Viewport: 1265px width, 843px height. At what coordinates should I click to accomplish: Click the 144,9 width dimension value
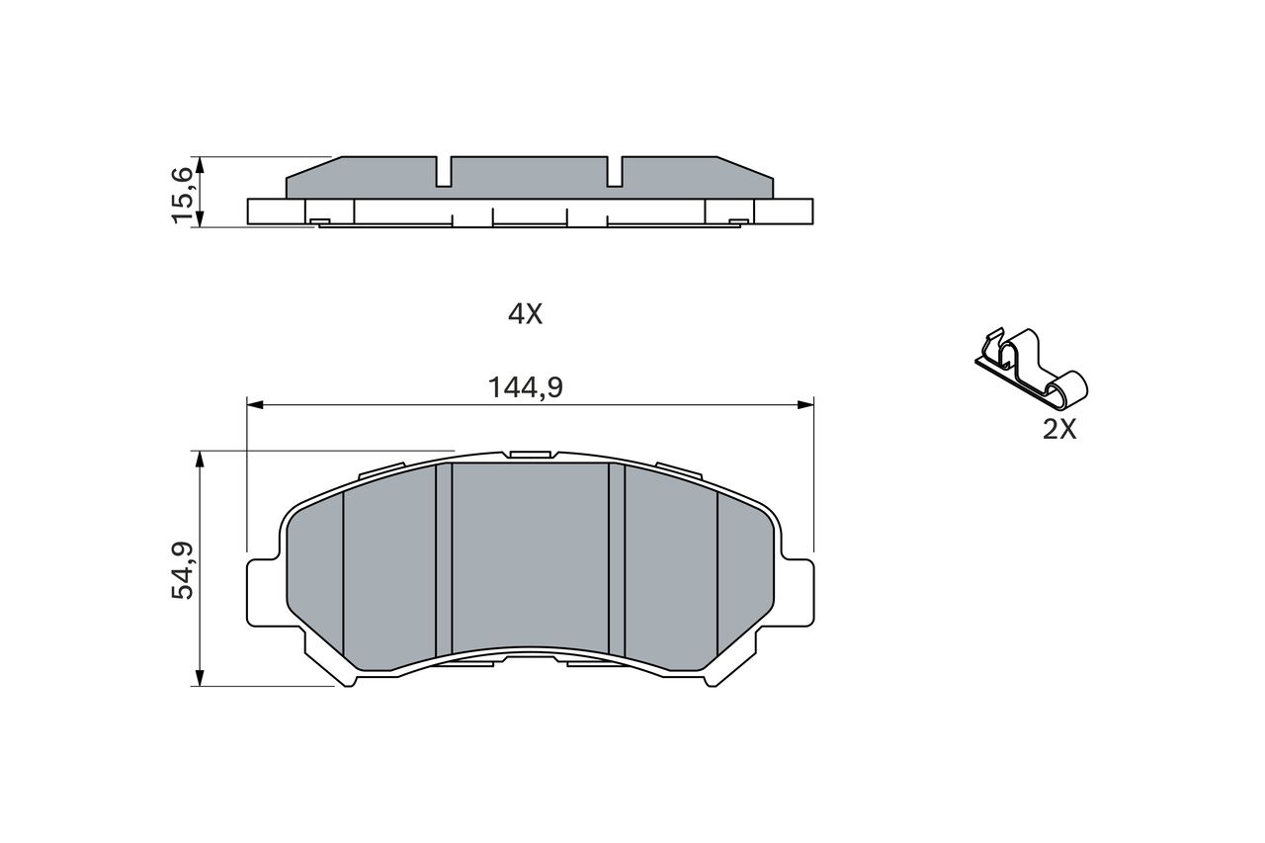(525, 388)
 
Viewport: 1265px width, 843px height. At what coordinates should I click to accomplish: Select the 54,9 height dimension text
(183, 571)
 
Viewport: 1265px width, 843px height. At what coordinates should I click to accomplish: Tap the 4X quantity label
(525, 314)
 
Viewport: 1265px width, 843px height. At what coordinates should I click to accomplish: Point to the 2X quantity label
(1059, 430)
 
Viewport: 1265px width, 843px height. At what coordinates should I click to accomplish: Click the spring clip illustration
(1031, 369)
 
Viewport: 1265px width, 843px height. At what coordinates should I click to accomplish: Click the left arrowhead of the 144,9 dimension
(255, 404)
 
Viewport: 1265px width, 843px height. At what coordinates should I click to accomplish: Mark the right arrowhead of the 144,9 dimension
(805, 404)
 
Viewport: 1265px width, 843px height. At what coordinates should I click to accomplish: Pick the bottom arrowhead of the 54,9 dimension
(199, 678)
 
